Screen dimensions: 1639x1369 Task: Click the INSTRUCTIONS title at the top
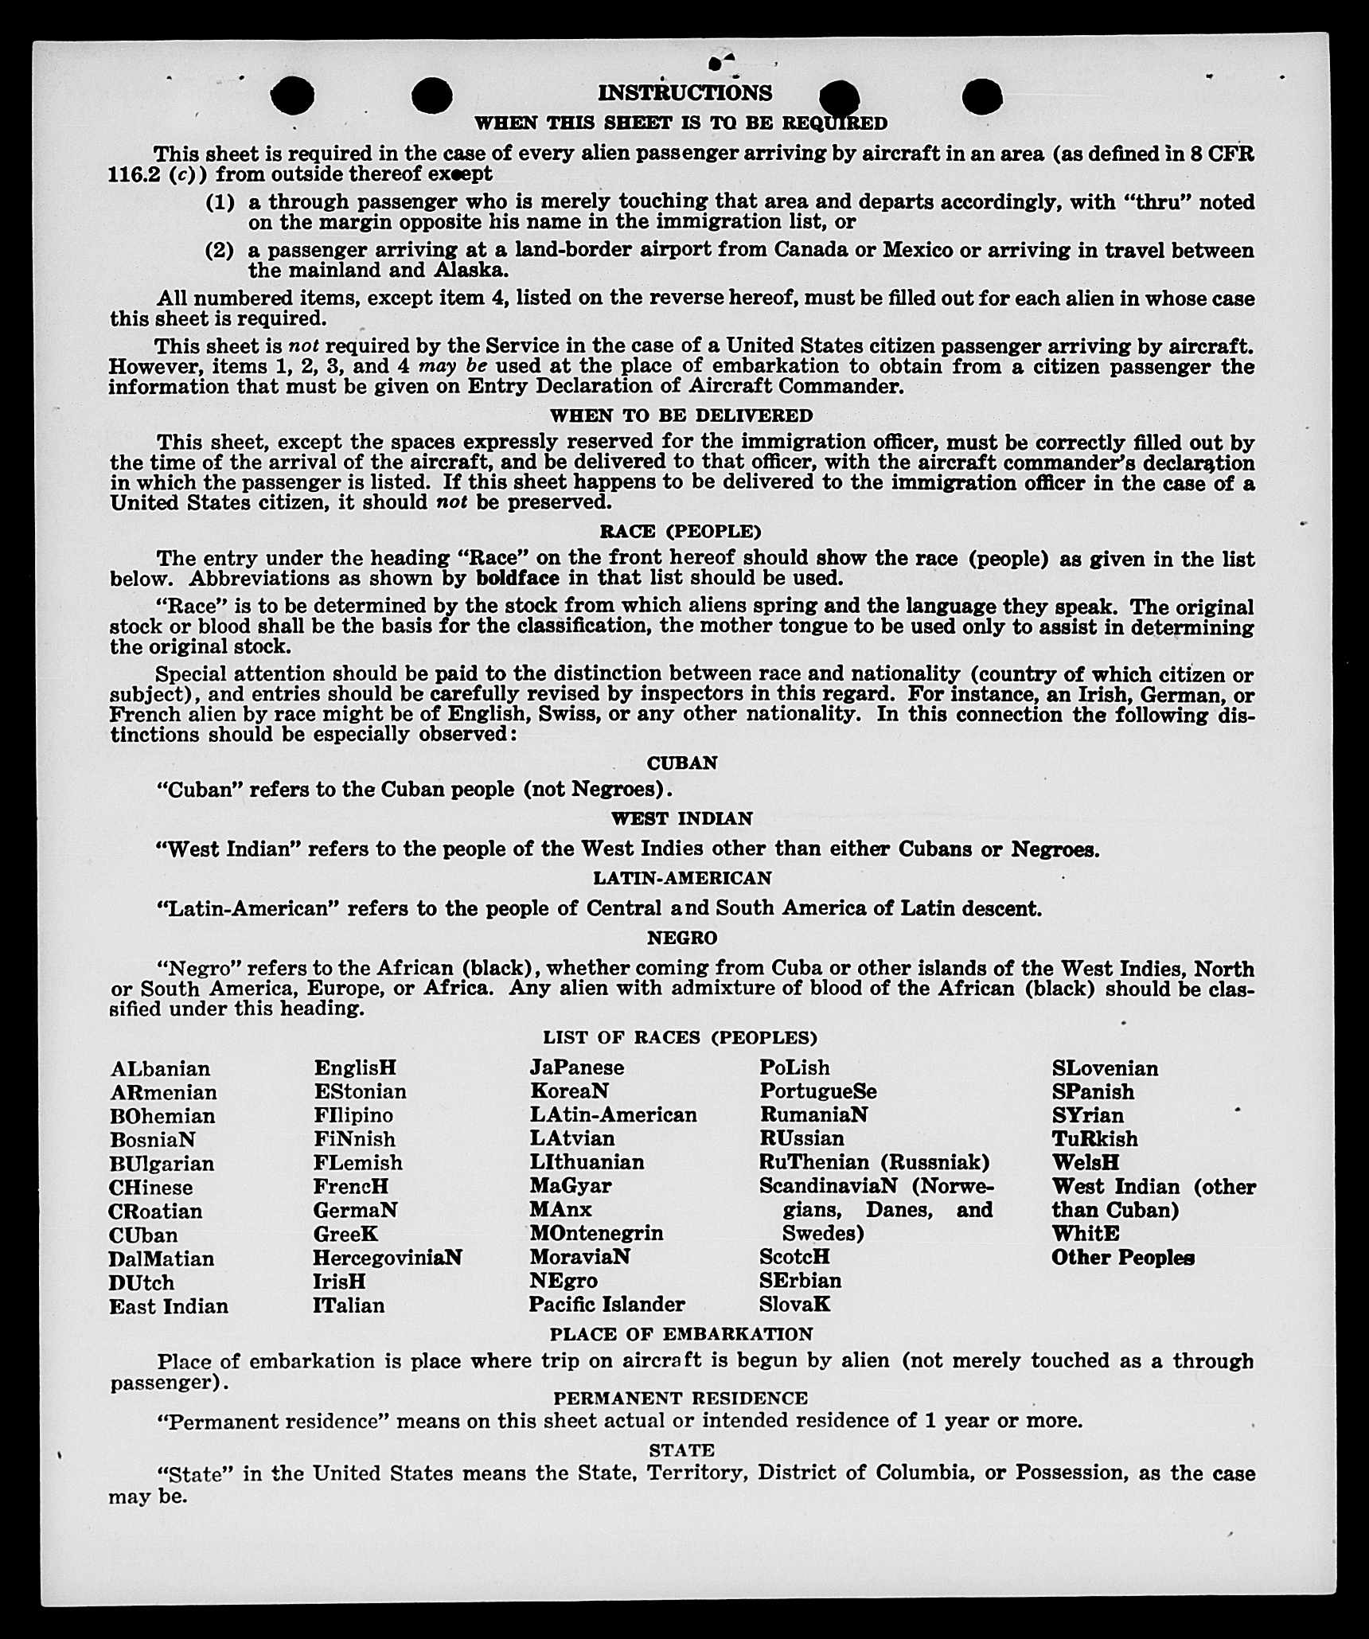click(684, 93)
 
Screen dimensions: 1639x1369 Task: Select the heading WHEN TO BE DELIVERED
click(681, 416)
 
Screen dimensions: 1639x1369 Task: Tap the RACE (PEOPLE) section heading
click(681, 531)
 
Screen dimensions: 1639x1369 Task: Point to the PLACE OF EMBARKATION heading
click(681, 1333)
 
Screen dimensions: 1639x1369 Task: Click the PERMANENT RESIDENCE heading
click(681, 1398)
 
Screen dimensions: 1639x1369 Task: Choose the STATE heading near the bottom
click(681, 1450)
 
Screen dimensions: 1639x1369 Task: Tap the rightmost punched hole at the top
click(982, 97)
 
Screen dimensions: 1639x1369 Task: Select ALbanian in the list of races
click(160, 1068)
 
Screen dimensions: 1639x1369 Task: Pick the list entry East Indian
click(169, 1305)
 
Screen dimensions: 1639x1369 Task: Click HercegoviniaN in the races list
click(387, 1257)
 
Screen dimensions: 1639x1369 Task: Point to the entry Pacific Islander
click(606, 1304)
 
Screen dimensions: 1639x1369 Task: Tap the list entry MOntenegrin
click(596, 1233)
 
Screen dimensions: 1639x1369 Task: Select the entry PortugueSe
click(817, 1091)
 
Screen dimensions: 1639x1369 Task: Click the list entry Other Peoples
click(1122, 1258)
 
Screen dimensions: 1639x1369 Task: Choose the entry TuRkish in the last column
click(1094, 1138)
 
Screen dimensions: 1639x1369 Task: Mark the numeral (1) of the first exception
click(220, 202)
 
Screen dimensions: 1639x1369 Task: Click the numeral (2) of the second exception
click(220, 251)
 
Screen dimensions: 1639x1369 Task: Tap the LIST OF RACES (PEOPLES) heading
click(681, 1037)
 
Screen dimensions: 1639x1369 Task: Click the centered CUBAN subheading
click(682, 763)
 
